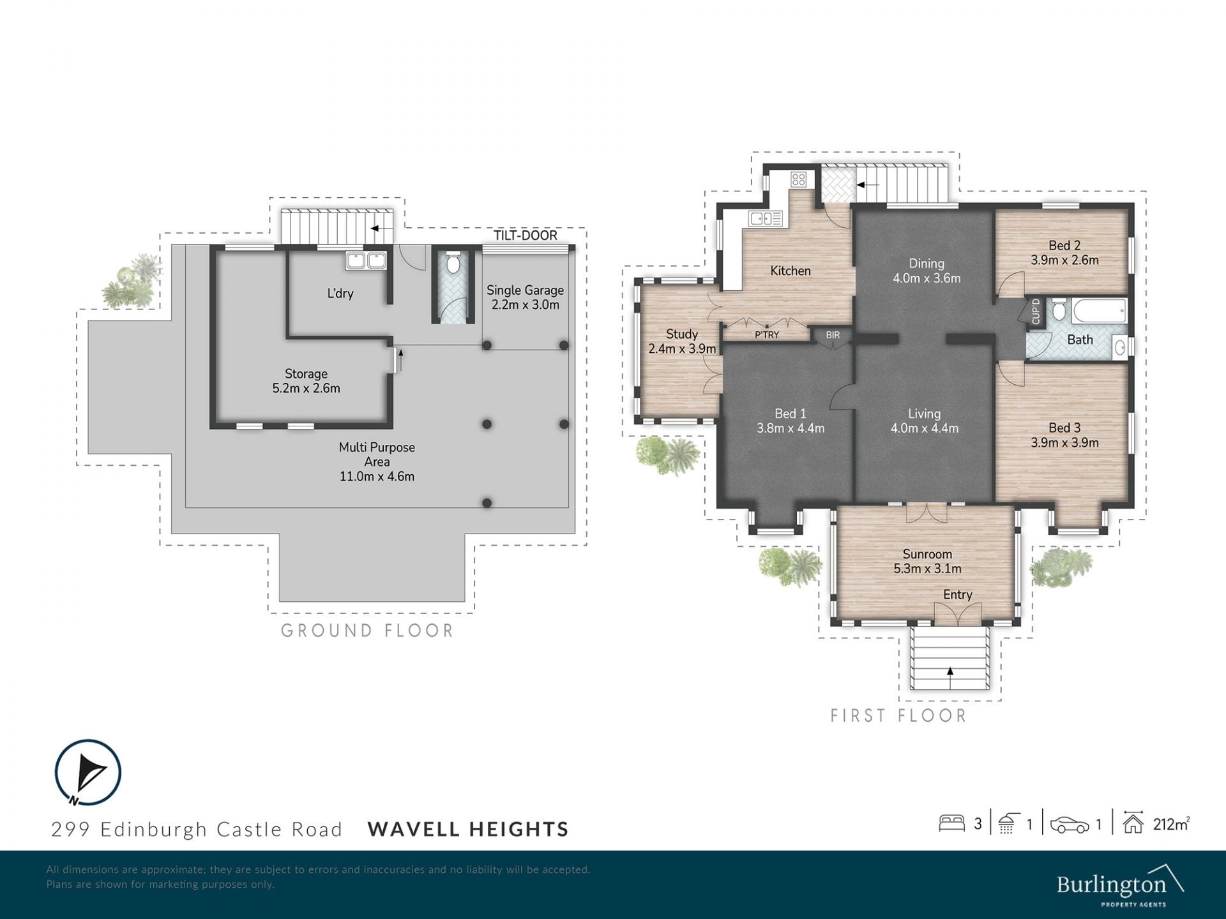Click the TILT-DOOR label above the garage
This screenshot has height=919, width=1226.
(525, 235)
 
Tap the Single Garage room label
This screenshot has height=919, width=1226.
(525, 290)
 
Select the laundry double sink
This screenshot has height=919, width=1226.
(366, 260)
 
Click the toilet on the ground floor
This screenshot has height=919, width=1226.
(453, 263)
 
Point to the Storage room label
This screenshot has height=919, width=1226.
(306, 374)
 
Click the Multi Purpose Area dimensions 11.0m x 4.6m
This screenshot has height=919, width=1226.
(377, 476)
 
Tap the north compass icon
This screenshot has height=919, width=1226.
(87, 772)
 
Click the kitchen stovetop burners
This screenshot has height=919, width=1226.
(798, 179)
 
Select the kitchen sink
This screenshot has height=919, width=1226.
(766, 219)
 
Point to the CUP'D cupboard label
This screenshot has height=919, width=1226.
(1036, 311)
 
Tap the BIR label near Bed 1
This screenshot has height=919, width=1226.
(833, 335)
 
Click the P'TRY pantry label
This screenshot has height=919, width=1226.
(767, 335)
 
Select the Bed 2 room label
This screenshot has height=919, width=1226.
(1064, 246)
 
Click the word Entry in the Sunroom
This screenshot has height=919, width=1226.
(958, 595)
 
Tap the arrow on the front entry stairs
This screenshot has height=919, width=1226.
(950, 678)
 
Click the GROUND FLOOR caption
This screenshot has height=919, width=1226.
(367, 631)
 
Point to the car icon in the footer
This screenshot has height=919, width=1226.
(1070, 825)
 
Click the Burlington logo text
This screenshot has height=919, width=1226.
(1112, 885)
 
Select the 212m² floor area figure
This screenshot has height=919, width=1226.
(1171, 824)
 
